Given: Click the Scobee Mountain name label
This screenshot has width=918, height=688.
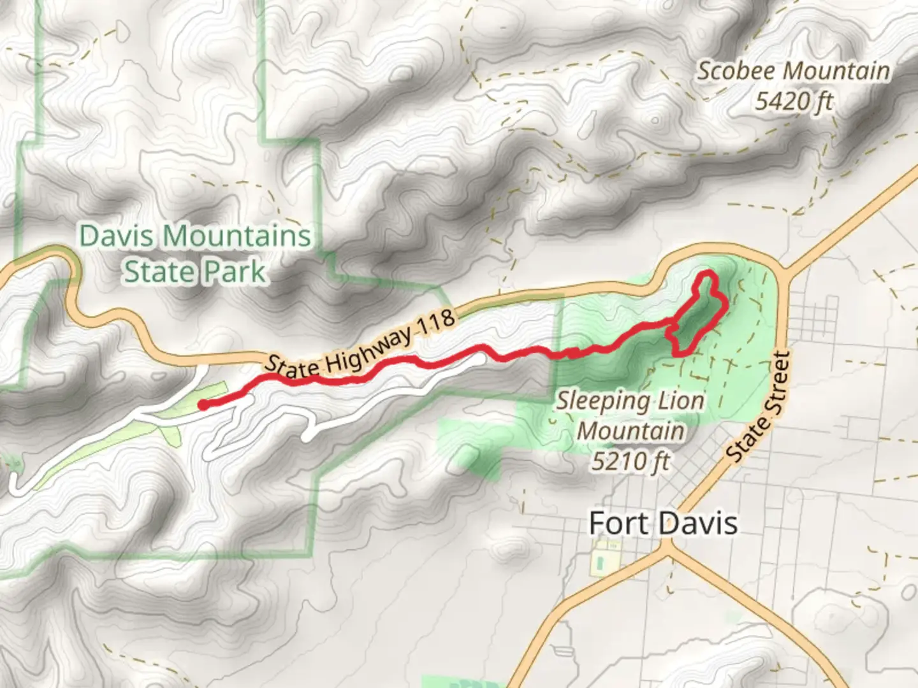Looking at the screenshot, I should [793, 71].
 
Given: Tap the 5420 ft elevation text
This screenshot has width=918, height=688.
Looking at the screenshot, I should [794, 101].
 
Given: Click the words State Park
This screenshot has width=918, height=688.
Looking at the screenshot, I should [194, 272].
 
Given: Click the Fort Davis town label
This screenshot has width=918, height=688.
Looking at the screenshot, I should [663, 524].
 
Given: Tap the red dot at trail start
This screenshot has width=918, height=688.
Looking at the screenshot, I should [202, 405].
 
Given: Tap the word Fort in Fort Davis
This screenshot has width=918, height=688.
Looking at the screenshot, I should [613, 524].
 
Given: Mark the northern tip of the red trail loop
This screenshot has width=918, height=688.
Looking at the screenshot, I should [706, 274].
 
